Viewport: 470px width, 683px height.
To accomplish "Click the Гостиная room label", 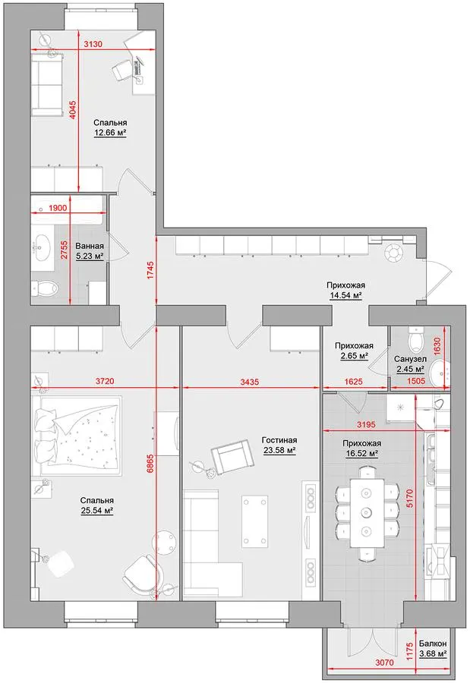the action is pos(279,440).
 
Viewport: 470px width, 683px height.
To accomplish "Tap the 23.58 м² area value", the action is pos(279,451).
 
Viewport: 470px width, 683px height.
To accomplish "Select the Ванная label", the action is pos(90,246).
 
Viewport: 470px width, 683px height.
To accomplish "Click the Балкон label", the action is pos(433,644).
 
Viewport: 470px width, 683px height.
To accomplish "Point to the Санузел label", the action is pos(410,360).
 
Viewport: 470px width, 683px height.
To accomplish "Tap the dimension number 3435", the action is pos(249,382).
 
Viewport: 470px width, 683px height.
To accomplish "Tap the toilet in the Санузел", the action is pos(416,339).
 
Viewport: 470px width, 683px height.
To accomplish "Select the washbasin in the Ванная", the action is pos(43,243).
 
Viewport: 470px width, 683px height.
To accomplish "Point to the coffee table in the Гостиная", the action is pos(255,521).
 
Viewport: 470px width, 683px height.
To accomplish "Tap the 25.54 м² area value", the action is pos(97,511).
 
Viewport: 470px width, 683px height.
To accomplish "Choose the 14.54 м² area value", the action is pos(345,295).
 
